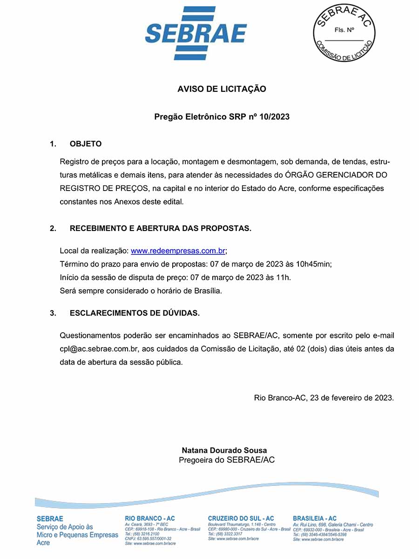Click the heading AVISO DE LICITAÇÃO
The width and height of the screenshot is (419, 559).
pyautogui.click(x=222, y=89)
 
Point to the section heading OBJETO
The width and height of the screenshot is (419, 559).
pyautogui.click(x=86, y=144)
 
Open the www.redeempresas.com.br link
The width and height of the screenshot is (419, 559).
pyautogui.click(x=178, y=251)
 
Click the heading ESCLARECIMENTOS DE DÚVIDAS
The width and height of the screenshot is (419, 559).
pyautogui.click(x=135, y=313)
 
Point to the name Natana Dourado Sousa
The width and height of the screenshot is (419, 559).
pyautogui.click(x=224, y=450)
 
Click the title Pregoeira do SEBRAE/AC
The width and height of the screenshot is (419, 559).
pyautogui.click(x=227, y=460)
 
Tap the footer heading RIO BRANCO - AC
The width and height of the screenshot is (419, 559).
pyautogui.click(x=150, y=518)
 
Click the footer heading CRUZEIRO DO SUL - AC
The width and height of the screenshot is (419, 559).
pyautogui.click(x=241, y=518)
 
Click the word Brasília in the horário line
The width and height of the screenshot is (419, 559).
pyautogui.click(x=206, y=291)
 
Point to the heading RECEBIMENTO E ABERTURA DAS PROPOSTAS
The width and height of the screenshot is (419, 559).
pyautogui.click(x=160, y=228)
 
